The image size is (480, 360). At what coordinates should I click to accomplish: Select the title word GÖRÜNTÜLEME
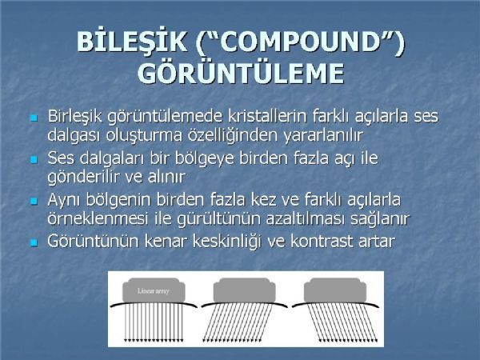(x=241, y=73)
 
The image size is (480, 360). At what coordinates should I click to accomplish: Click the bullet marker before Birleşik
(x=34, y=118)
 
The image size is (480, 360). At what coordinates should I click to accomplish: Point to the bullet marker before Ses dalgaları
(x=34, y=159)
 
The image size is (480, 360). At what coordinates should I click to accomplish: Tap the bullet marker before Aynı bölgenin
(x=34, y=201)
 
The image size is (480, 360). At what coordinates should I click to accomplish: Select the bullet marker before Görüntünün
(x=34, y=242)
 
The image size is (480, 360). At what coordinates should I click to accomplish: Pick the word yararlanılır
(x=324, y=136)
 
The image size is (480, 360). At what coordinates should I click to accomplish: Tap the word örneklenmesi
(x=98, y=218)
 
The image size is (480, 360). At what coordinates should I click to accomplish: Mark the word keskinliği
(x=228, y=242)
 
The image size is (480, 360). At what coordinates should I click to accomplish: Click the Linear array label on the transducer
(x=154, y=291)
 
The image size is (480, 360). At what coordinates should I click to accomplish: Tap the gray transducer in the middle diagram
(x=244, y=290)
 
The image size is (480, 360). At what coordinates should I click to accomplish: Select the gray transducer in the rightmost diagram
(x=335, y=290)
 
